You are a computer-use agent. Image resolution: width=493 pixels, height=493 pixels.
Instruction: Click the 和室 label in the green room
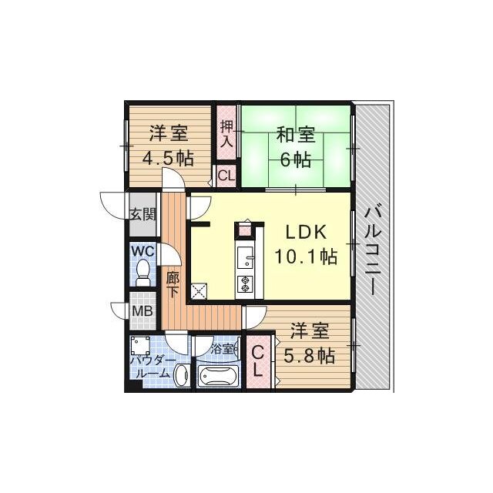(x=296, y=136)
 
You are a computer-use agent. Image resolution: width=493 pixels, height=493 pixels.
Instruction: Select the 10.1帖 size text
(x=308, y=257)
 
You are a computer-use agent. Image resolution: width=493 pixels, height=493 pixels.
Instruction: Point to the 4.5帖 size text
(x=168, y=159)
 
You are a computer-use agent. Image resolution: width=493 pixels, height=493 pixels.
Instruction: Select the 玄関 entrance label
(x=141, y=214)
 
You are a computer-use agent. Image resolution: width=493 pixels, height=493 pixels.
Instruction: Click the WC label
(x=143, y=251)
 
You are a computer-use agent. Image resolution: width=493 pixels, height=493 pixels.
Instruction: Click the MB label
(x=141, y=311)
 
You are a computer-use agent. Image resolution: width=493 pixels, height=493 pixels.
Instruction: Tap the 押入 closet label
(x=226, y=133)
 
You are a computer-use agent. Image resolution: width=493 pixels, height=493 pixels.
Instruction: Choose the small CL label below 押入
(x=226, y=176)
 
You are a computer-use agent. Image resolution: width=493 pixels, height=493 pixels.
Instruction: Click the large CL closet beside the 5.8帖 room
(x=259, y=360)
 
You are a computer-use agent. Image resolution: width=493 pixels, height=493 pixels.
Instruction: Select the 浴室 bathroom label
(x=223, y=348)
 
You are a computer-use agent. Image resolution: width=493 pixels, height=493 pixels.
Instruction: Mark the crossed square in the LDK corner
(x=199, y=291)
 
